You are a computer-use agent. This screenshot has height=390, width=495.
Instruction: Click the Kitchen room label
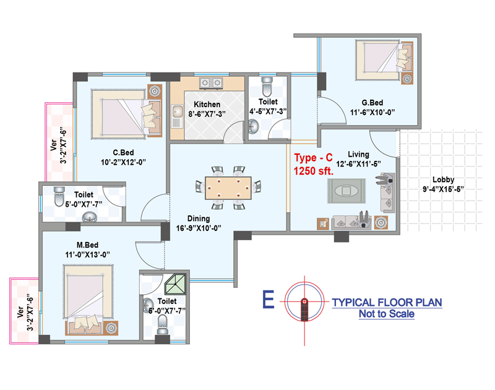click(207, 104)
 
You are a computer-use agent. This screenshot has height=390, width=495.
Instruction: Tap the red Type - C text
click(313, 158)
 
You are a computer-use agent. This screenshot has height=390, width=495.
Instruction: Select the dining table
click(228, 188)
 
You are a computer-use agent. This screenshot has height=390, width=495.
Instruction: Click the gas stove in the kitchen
click(211, 83)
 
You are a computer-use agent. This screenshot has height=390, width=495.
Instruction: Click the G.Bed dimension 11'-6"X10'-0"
click(372, 113)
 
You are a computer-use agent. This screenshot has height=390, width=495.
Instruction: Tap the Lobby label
click(443, 180)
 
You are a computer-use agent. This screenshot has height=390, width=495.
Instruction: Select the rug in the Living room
click(346, 191)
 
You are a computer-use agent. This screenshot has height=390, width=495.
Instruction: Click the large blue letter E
click(269, 300)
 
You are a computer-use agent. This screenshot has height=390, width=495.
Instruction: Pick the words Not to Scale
click(387, 314)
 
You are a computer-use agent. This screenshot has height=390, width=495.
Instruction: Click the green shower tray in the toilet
click(175, 284)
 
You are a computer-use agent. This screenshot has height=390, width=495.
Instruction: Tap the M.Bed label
click(87, 245)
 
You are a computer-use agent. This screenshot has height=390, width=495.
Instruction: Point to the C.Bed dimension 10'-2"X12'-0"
click(123, 162)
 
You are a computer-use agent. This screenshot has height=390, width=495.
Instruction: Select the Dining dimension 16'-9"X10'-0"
click(199, 228)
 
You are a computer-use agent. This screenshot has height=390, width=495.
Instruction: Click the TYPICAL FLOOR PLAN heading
click(387, 302)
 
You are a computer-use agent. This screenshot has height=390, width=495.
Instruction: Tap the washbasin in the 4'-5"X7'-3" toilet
click(253, 127)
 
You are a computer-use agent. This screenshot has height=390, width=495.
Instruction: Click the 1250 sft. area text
click(314, 171)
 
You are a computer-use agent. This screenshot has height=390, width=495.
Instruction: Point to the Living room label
click(358, 154)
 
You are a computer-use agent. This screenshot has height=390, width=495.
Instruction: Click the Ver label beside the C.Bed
click(54, 145)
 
